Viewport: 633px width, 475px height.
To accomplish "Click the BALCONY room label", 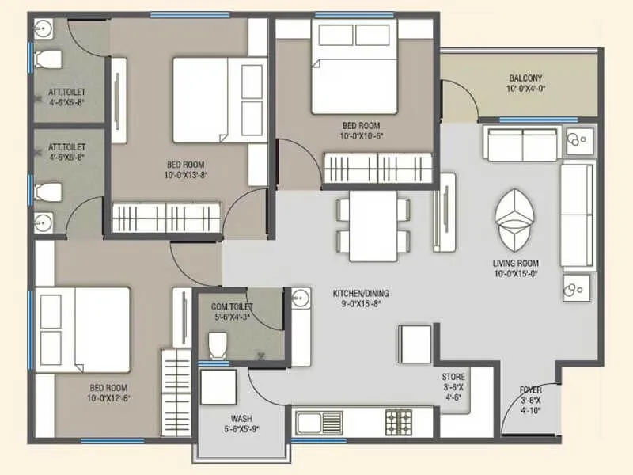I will coord(525,78).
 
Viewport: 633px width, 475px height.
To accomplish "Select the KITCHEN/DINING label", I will coord(361,293).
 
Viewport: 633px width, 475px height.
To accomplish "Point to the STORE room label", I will coord(453,377).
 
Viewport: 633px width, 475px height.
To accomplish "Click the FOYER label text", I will coord(530,390).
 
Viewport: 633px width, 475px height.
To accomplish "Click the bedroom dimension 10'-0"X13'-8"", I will coord(186,175).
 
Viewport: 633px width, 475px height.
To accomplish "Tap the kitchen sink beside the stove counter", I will coord(318,419).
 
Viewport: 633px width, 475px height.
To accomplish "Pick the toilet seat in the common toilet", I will coord(217,344).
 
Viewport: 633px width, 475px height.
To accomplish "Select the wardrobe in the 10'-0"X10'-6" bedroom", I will coord(377,169).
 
